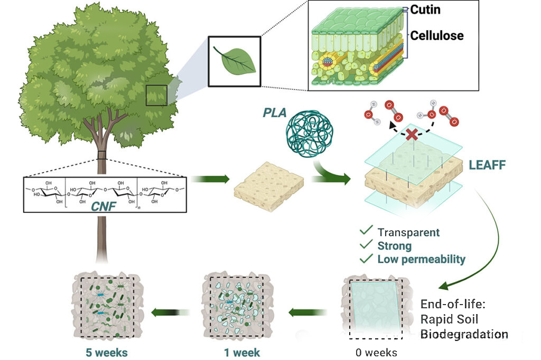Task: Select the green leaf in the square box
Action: (x=234, y=60)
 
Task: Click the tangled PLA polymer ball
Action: (x=306, y=135)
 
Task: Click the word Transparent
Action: (x=408, y=232)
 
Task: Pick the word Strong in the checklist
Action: (x=394, y=245)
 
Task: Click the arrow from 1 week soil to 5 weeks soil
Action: (x=169, y=313)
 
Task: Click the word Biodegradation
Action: (x=464, y=334)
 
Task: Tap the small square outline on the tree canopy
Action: (x=156, y=95)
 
